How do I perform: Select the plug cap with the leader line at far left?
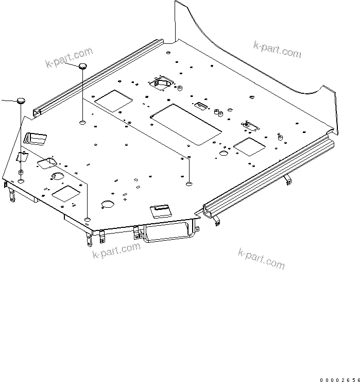20,100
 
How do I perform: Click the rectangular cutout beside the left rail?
112,101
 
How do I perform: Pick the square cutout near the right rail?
250,146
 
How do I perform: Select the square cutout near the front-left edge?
65,193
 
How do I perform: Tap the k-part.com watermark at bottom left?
116,251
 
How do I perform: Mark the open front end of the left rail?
37,112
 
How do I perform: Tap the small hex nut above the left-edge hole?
21,172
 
